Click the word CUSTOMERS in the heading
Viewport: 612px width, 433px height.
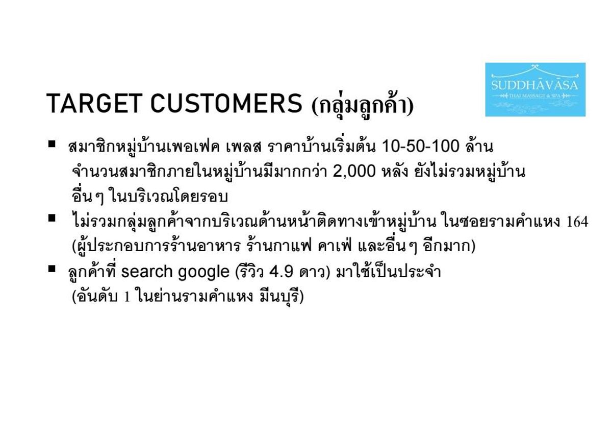(227, 103)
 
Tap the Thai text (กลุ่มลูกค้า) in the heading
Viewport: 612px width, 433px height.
(362, 104)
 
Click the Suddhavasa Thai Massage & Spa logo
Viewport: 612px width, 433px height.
(535, 89)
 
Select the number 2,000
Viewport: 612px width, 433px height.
(354, 172)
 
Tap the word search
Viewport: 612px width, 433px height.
(147, 272)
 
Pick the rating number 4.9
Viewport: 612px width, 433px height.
(281, 272)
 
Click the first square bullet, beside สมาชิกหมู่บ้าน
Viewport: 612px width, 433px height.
(52, 144)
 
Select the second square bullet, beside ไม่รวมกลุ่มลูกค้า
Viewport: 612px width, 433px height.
(52, 219)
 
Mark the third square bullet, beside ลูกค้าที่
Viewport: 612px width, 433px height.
(52, 269)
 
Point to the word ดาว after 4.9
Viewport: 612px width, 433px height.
(313, 272)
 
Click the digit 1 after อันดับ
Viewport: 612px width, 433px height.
(127, 297)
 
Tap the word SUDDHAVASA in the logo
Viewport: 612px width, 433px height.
(534, 85)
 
